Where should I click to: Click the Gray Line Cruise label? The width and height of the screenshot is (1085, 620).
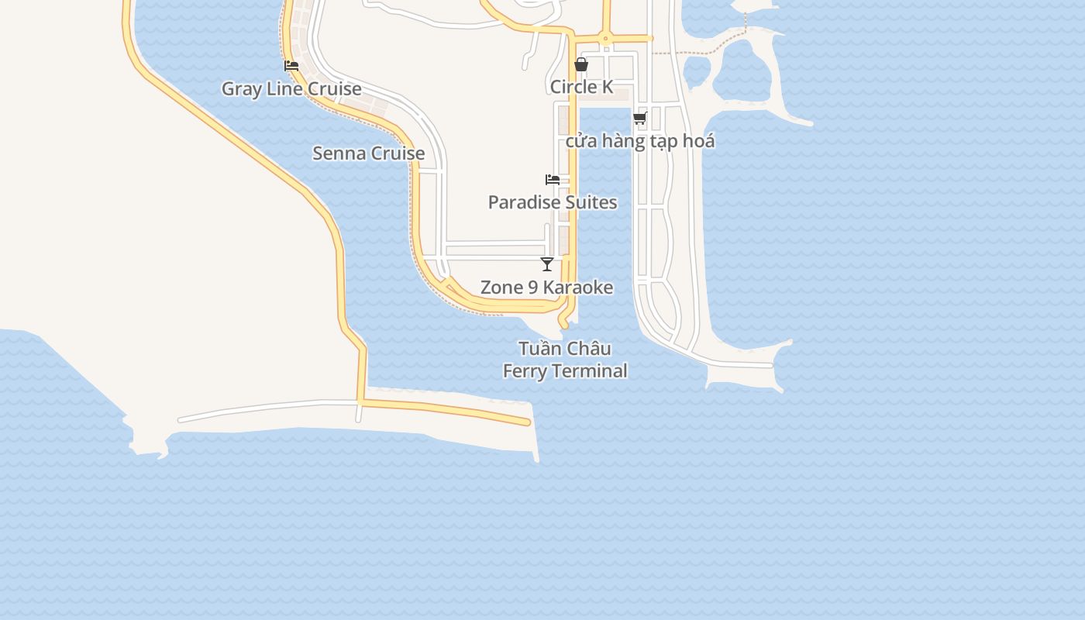(x=291, y=88)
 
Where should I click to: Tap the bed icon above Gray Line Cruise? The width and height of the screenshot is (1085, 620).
(x=291, y=66)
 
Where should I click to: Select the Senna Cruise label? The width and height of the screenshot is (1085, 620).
(x=368, y=153)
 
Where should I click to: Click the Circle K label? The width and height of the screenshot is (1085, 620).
(x=581, y=87)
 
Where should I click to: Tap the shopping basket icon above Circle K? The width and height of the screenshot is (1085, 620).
(x=581, y=65)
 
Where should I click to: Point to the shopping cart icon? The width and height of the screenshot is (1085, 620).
(x=639, y=119)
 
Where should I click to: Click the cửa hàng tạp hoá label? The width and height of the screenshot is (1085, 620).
(x=640, y=141)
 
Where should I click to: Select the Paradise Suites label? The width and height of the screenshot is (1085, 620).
(x=553, y=202)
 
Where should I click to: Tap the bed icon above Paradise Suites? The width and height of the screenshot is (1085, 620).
(x=553, y=180)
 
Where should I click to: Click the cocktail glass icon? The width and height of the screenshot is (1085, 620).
(x=547, y=264)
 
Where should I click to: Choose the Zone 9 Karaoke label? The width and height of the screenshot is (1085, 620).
(x=547, y=288)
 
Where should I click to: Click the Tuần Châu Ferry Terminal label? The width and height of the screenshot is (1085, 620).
(x=565, y=360)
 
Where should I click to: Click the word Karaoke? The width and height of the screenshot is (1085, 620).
(x=577, y=288)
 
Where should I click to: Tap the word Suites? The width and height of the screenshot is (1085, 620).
(x=591, y=202)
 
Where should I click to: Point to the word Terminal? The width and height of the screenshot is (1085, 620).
(x=590, y=370)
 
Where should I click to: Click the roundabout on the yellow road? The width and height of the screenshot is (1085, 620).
(x=605, y=38)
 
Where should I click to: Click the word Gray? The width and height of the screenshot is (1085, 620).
(x=241, y=88)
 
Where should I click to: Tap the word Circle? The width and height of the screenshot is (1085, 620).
(x=573, y=87)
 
